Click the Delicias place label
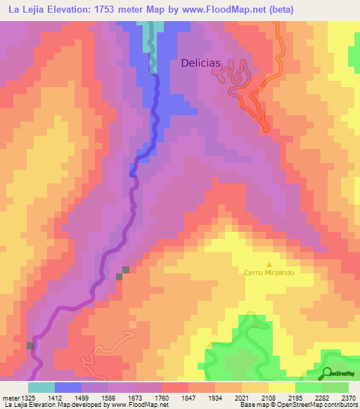tap(201, 63)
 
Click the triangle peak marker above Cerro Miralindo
tap(268, 264)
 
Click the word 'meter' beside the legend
tap(8, 397)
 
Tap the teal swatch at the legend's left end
tap(41, 387)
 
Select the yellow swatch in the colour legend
tap(281, 387)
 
